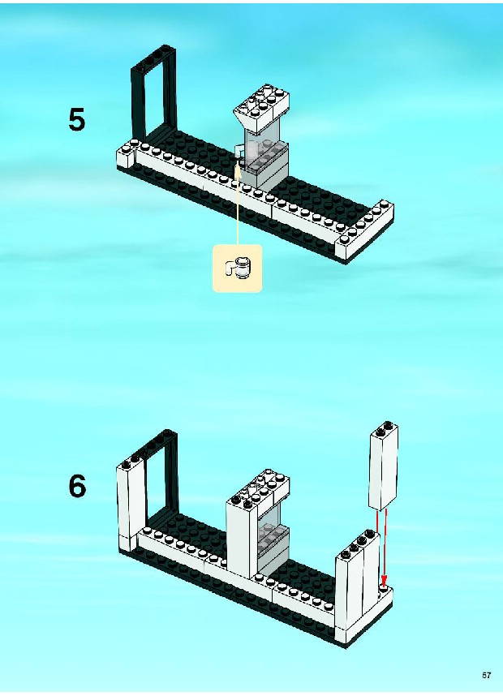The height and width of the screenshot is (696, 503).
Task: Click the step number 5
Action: (x=76, y=120)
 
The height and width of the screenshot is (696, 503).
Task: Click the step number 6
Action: (x=77, y=487)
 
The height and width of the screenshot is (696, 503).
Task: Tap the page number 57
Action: (x=487, y=675)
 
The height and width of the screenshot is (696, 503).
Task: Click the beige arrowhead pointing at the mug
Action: (x=238, y=165)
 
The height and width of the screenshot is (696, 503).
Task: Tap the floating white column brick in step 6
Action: (x=384, y=466)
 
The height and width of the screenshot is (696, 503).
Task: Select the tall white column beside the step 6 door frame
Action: (x=132, y=506)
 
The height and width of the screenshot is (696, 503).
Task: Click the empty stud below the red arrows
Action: (x=385, y=589)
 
